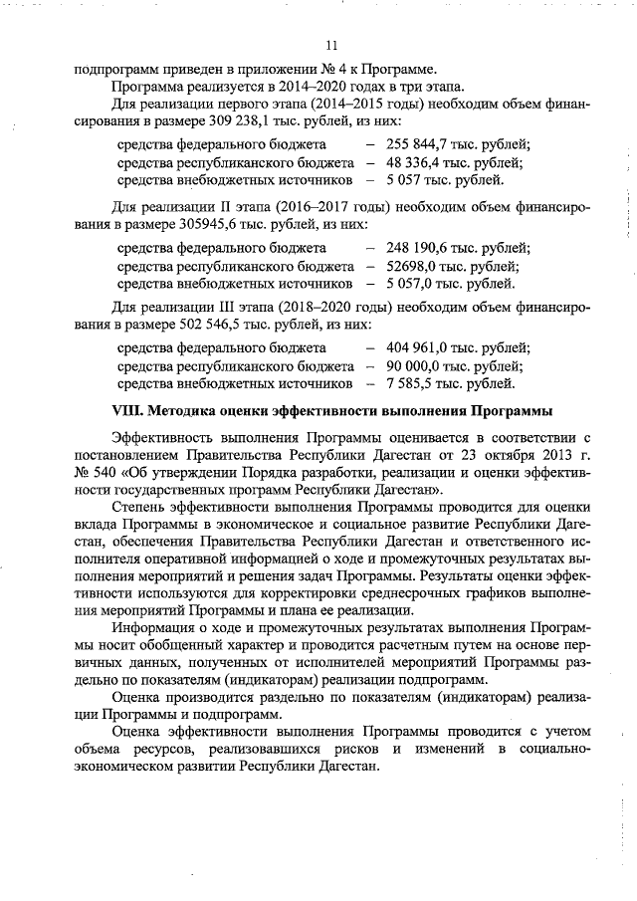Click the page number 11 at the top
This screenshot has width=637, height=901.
pos(331,45)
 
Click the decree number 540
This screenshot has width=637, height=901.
pos(102,473)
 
